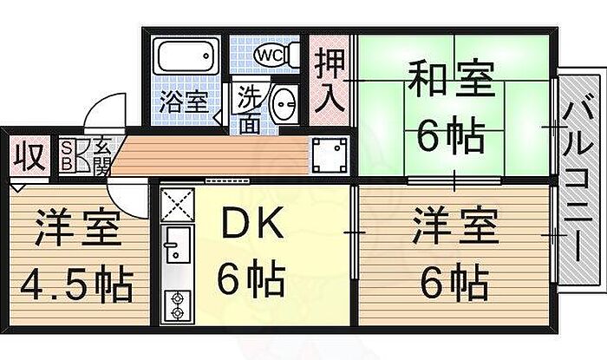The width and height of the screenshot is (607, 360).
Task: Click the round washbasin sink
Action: [284, 107]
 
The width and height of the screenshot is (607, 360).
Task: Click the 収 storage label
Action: [27, 160]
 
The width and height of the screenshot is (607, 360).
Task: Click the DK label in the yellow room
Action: [252, 227]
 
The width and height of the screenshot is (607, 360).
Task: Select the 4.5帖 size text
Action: [77, 284]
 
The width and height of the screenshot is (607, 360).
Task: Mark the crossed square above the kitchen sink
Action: [177, 205]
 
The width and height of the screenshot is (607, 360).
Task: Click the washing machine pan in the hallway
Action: [328, 154]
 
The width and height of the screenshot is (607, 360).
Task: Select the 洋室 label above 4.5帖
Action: [77, 232]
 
